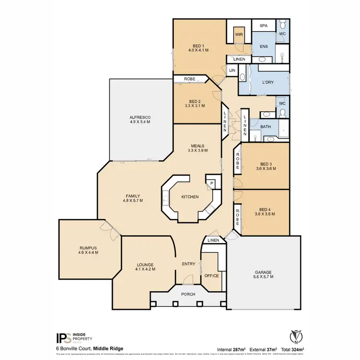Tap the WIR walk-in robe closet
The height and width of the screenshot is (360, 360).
(x=239, y=35)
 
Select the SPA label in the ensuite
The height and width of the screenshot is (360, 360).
(x=264, y=25)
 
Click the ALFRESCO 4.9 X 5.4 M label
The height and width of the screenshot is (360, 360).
(x=140, y=120)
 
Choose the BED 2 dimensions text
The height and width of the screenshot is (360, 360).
(x=194, y=106)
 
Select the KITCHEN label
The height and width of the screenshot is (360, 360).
(x=190, y=197)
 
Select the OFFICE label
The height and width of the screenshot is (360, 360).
(x=212, y=276)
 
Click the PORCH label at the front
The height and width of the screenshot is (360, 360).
(x=188, y=294)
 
